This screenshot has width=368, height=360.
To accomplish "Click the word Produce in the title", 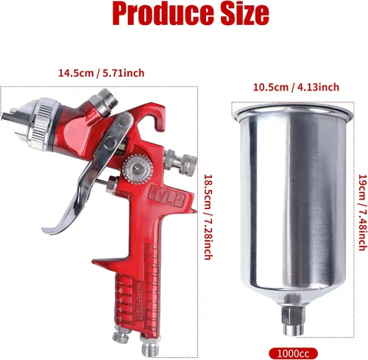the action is tap(163, 13).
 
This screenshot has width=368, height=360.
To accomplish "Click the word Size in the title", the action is tap(244, 13).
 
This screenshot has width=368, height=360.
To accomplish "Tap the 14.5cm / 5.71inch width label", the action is tap(101, 73).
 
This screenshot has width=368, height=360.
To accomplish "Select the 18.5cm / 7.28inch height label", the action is tap(208, 217).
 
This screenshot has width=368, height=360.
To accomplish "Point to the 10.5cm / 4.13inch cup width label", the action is tap(296, 87).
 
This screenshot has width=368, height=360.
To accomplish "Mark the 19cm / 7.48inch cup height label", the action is tap(363, 213).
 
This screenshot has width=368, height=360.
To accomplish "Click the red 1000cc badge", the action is tap(294, 353).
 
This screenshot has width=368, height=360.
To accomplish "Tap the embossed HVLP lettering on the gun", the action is tap(167, 196).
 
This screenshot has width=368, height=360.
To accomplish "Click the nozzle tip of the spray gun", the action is tap(9, 115).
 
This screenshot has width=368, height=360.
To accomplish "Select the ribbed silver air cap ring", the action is tap(44, 124).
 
